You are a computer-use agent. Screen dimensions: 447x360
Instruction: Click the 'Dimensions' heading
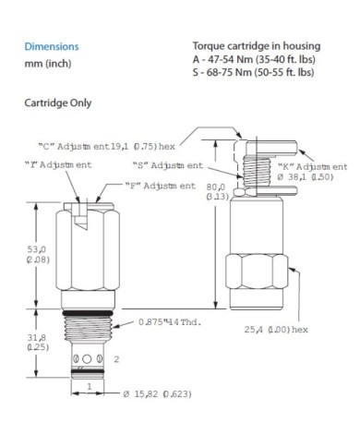pos(51,45)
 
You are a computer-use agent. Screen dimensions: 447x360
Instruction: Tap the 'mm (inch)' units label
pos(46,63)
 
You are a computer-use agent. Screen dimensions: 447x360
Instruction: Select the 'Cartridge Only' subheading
pos(57,103)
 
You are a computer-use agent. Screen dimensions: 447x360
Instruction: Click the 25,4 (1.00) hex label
pos(279,328)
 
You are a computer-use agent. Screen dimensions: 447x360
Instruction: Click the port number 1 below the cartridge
pos(86,385)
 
